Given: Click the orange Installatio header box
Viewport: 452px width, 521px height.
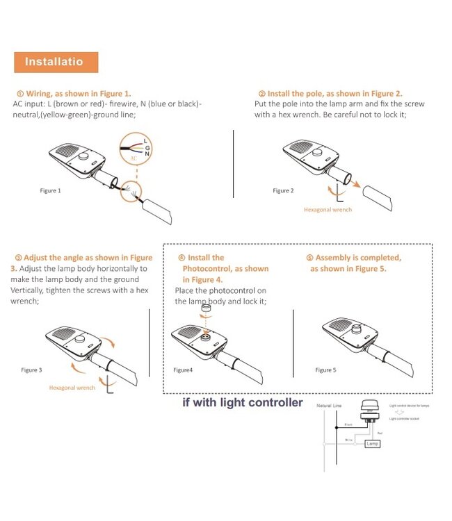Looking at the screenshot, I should [56, 62].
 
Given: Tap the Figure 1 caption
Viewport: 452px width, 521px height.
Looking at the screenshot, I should [50, 190].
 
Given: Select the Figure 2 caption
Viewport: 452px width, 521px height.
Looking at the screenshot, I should [283, 190].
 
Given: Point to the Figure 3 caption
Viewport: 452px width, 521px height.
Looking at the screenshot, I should [31, 370].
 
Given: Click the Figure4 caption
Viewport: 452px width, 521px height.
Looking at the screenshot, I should [183, 370].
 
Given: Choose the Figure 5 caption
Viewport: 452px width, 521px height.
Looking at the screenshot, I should [325, 370].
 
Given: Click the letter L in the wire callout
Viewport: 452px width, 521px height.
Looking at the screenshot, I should [145, 140].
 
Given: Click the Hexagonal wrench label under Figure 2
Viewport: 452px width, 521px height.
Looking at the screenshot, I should [328, 209].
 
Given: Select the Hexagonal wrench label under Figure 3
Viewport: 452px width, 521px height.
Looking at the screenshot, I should [72, 388].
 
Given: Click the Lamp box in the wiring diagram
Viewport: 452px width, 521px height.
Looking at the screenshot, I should [373, 443].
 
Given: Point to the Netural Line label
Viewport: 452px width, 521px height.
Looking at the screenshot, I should [329, 405].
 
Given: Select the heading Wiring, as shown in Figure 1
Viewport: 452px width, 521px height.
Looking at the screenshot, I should [73, 93].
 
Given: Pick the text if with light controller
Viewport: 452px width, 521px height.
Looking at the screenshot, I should [243, 402].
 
